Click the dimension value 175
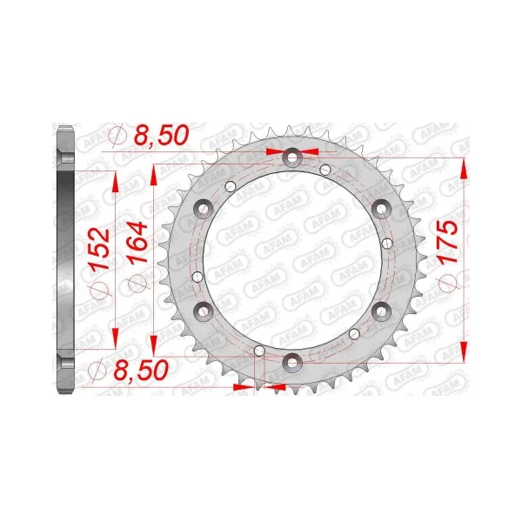(x=448, y=243)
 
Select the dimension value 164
(x=137, y=244)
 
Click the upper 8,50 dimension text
(x=161, y=135)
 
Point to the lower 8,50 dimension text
(x=141, y=371)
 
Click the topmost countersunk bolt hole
(x=292, y=157)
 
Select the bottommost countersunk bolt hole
(x=292, y=363)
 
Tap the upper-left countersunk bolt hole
(x=203, y=209)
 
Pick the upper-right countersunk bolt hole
(x=381, y=209)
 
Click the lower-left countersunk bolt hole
(x=203, y=311)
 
